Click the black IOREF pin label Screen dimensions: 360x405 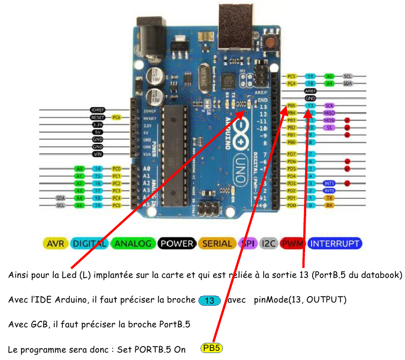[x=97, y=110]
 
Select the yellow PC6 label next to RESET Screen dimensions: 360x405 [x=116, y=117]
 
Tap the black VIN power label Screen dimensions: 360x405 [x=97, y=154]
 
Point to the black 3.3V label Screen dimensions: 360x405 [x=97, y=125]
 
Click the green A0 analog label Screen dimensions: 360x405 [x=79, y=169]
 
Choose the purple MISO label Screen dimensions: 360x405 [x=329, y=113]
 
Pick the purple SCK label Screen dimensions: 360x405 [x=329, y=106]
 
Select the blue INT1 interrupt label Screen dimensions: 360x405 [x=329, y=183]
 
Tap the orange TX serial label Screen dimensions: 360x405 [x=329, y=198]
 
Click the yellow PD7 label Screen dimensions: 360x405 [x=292, y=154]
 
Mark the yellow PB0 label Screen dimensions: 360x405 [x=292, y=142]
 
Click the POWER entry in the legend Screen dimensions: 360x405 [x=177, y=243]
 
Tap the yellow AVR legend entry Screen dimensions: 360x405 [x=55, y=243]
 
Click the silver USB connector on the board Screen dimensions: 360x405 [x=235, y=27]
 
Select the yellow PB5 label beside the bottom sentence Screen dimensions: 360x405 [x=212, y=348]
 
